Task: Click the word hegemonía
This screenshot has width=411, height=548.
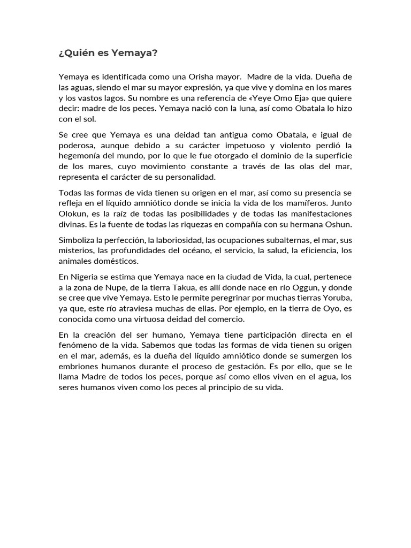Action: [x=81, y=156]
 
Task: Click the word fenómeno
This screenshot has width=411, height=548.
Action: [x=79, y=345]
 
